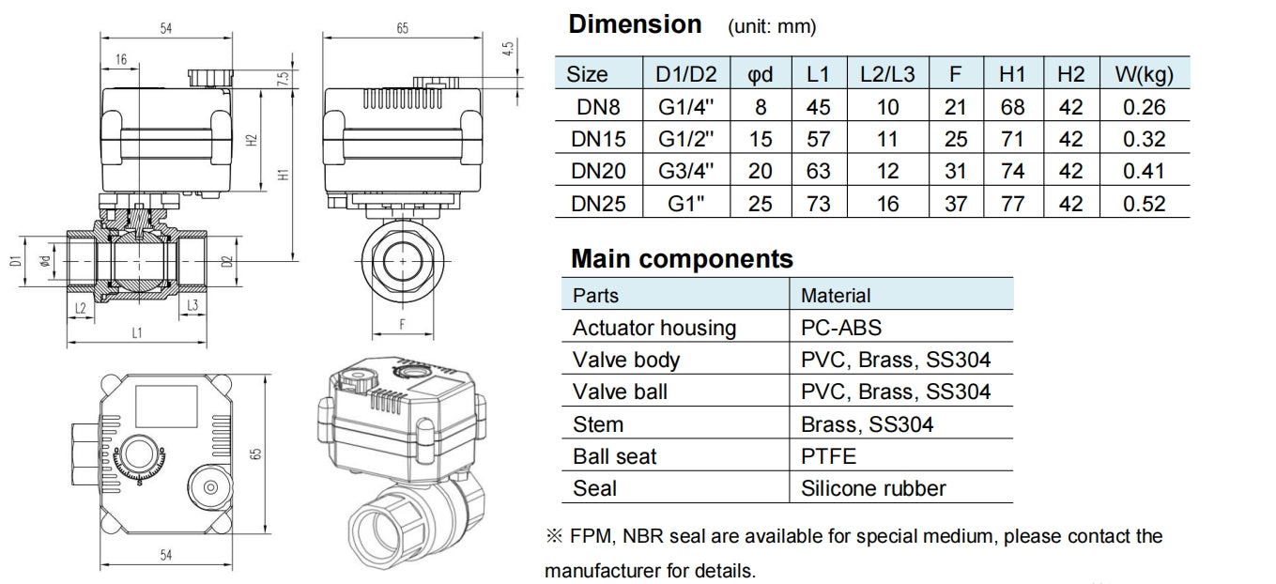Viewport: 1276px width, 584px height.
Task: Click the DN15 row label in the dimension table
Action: click(x=598, y=139)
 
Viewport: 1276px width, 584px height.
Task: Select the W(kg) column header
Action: click(x=1145, y=74)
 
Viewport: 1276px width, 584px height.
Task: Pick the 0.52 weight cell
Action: click(x=1145, y=204)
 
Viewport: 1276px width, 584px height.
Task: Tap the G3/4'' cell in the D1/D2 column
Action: click(x=685, y=171)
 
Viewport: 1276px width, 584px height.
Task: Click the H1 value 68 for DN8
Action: click(x=1013, y=107)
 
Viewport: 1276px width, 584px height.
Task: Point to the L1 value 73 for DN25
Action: click(x=819, y=204)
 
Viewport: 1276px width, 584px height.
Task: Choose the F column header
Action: click(x=955, y=74)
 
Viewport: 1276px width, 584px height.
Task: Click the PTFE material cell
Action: click(x=828, y=456)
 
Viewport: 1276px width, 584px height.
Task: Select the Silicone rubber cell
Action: click(x=873, y=488)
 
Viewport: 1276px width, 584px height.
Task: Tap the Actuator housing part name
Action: click(x=654, y=329)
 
